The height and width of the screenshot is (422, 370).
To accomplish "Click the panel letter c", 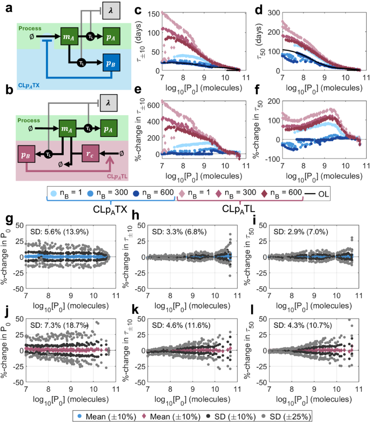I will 137,10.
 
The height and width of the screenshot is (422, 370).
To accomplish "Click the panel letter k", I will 137,297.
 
